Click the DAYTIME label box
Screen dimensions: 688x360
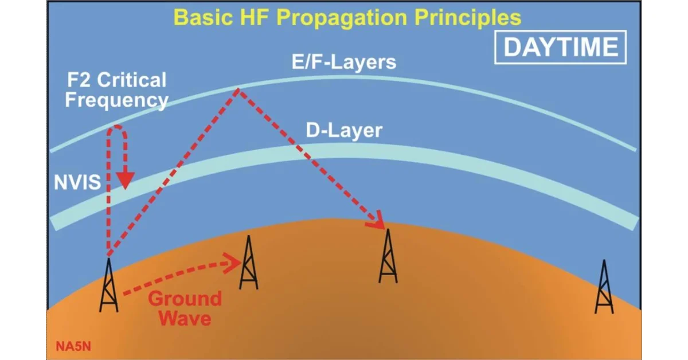560,48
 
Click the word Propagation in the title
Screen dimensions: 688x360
342,18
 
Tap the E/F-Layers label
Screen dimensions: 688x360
343,62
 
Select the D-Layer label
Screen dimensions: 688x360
344,131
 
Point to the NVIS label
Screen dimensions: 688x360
77,182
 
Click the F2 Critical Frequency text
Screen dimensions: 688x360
116,90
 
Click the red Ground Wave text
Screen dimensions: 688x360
185,308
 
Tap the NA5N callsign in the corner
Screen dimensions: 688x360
73,346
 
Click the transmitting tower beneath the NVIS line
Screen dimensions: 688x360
109,285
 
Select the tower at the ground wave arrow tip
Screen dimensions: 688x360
249,263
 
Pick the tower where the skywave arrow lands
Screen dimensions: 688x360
388,256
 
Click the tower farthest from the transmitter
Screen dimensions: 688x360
604,287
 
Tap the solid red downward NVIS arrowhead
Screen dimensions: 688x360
126,181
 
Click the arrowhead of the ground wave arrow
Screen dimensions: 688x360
233,263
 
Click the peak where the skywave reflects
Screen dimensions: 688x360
238,89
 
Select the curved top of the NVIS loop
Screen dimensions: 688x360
117,126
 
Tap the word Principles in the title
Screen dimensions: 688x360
468,18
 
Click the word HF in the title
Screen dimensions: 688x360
255,18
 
